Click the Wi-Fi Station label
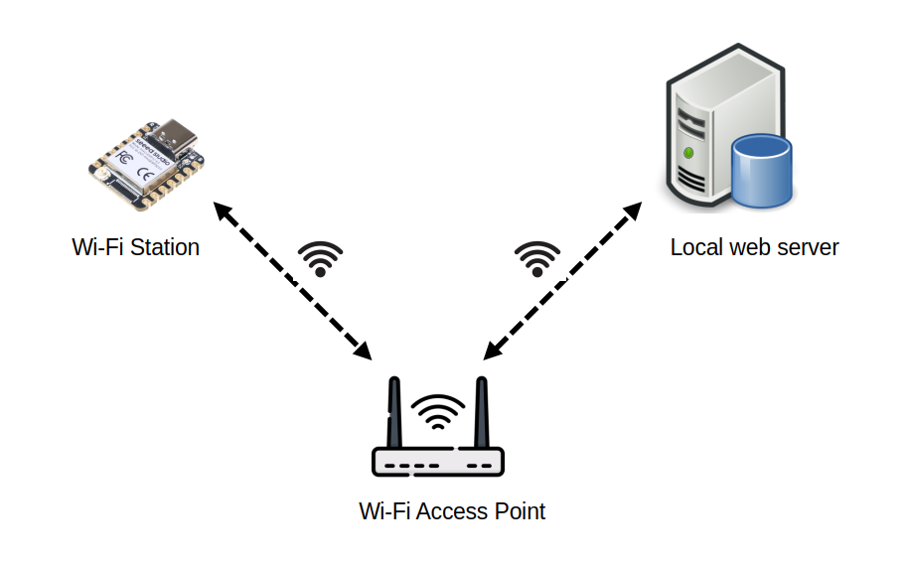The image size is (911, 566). pos(135,247)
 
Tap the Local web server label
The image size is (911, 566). pos(754,247)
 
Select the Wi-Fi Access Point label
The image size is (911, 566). pos(452,512)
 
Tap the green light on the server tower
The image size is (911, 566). pos(689,153)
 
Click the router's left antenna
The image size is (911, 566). pos(394,413)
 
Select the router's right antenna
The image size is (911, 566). pos(482,413)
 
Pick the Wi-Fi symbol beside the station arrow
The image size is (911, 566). pos(320,258)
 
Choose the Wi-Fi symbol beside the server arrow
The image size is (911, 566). pos(537,258)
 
